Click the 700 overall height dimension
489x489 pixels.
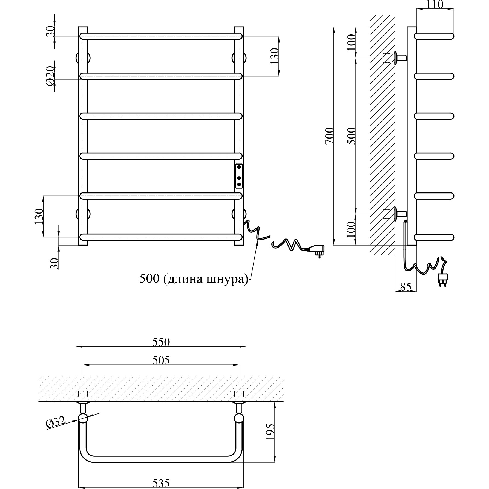click(330, 136)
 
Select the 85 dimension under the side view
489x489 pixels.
click(406, 287)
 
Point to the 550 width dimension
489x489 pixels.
click(161, 342)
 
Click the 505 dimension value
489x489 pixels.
click(161, 360)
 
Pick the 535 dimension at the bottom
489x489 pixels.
click(161, 483)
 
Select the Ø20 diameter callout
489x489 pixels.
click(50, 76)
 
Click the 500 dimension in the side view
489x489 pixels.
click(352, 136)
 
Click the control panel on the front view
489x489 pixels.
click(239, 176)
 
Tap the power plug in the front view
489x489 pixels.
click(317, 250)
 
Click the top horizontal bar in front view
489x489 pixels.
click(161, 36)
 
